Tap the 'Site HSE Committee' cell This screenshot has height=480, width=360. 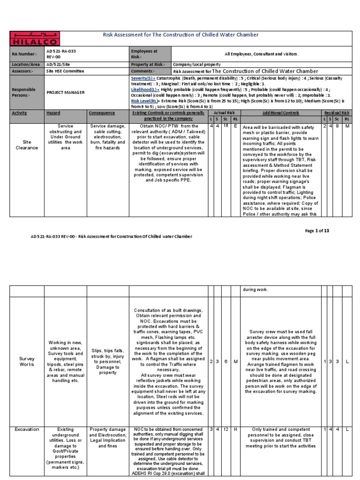[65, 71]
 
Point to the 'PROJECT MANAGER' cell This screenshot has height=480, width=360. [65, 92]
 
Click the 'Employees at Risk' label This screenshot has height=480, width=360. [144, 53]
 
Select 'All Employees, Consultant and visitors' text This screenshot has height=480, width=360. [261, 54]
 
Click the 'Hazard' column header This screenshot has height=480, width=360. [53, 113]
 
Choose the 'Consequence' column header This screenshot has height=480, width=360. [101, 113]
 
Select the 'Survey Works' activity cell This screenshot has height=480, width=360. [27, 361]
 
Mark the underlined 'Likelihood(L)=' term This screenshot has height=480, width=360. [145, 89]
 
